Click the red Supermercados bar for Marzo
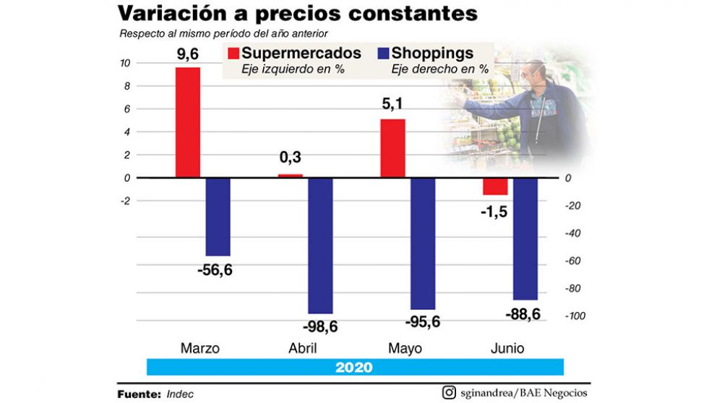[187, 122]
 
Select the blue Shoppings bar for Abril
[320, 245]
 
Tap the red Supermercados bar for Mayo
[392, 148]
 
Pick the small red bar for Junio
[495, 186]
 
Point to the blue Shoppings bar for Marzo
[218, 217]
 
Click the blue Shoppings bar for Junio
[525, 238]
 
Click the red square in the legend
[233, 53]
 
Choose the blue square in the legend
[383, 53]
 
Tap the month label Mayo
[405, 349]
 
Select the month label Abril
[303, 349]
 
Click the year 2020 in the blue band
[354, 367]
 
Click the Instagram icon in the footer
[450, 393]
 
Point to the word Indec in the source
[180, 394]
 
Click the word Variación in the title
[168, 14]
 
